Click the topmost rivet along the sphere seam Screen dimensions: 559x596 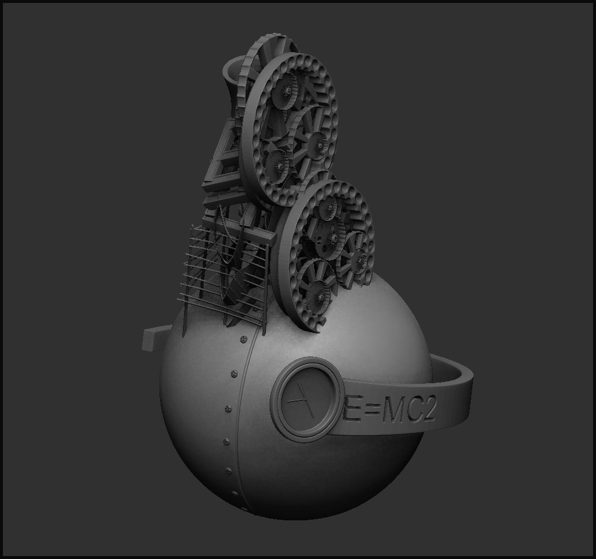click(243, 339)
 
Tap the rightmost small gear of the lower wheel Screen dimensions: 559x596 click(359, 258)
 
